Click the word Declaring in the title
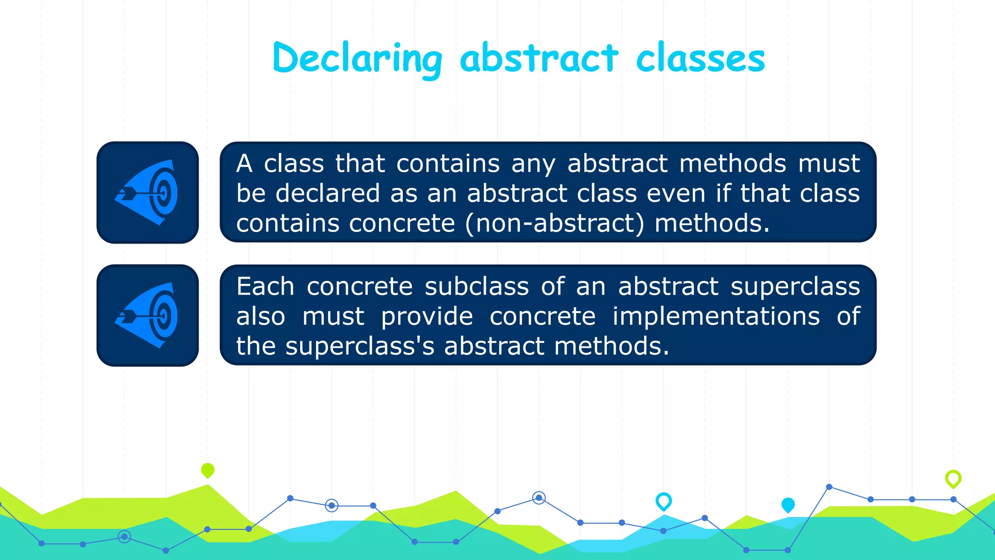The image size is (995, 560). [x=357, y=59]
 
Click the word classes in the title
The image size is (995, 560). [x=700, y=59]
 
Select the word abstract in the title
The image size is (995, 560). [x=539, y=59]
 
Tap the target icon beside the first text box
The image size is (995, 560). [x=148, y=192]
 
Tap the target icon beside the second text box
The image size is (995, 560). [x=148, y=315]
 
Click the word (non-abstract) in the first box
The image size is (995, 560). [x=554, y=224]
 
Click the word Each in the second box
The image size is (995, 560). [x=265, y=286]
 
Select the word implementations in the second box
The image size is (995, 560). [x=716, y=316]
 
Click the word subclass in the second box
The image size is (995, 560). [x=477, y=286]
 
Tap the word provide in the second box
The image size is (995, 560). [x=427, y=317]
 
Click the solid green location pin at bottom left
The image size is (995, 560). [x=207, y=470]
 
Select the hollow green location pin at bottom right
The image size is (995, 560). [x=953, y=478]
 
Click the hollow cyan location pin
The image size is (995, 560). [x=664, y=501]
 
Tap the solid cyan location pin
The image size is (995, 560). [x=788, y=505]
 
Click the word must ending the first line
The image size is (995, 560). [x=829, y=163]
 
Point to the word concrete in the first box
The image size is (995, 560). [x=402, y=224]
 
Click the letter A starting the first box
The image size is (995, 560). [x=244, y=163]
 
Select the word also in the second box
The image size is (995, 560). [x=260, y=316]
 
